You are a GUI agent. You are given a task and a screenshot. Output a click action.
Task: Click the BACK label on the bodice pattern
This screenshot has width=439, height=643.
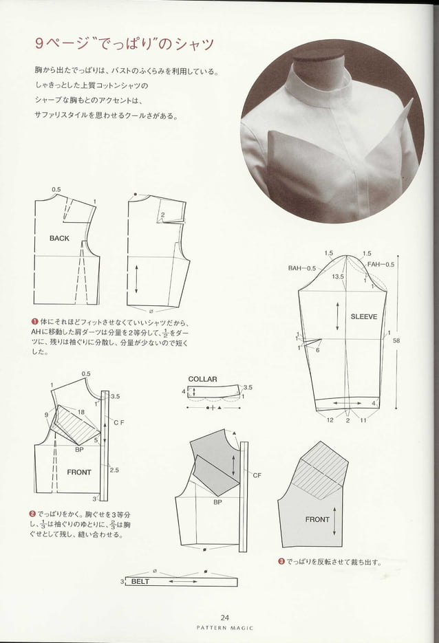(59, 238)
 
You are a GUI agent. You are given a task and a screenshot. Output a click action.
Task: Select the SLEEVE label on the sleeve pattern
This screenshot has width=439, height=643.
(364, 317)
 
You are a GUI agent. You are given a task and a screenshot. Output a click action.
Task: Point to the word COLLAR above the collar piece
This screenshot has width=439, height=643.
(202, 379)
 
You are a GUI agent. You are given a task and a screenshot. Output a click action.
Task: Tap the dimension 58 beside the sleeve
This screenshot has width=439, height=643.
(396, 340)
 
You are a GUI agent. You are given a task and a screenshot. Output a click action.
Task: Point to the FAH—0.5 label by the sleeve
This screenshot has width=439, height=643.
(381, 264)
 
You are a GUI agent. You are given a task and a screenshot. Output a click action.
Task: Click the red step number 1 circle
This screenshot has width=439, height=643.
(34, 322)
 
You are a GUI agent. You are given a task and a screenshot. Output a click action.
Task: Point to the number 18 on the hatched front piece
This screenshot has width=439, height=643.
(81, 411)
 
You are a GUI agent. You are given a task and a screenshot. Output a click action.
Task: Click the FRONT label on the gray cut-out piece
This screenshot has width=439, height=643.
(317, 519)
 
